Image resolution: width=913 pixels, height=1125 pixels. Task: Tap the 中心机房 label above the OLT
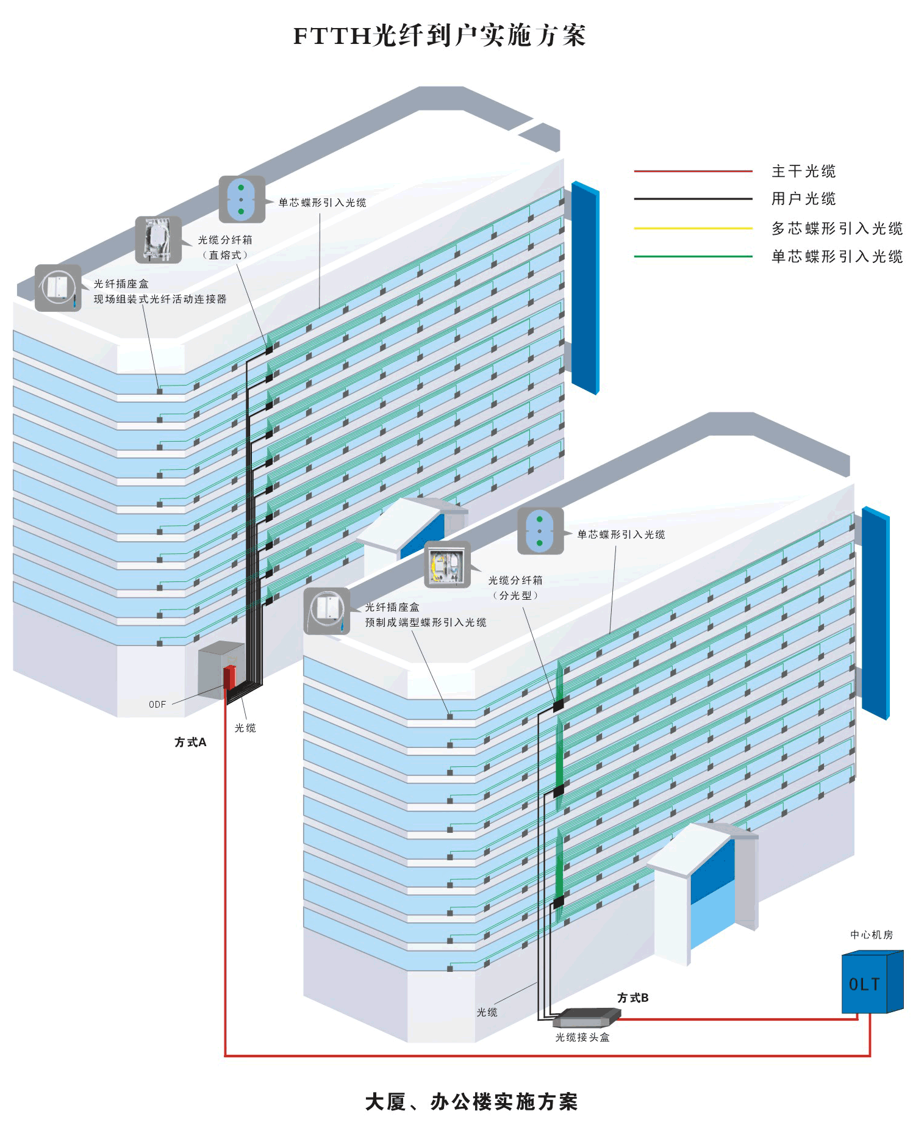tap(872, 935)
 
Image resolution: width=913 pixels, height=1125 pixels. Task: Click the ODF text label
tap(157, 705)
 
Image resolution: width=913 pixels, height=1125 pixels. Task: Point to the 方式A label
tap(190, 742)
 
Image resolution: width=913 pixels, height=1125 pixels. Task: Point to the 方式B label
tap(632, 998)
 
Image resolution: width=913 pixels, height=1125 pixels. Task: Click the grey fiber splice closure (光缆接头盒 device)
tap(586, 1017)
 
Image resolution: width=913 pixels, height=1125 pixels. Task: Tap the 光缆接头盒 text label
tap(582, 1037)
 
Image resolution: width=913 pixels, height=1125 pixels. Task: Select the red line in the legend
tap(693, 171)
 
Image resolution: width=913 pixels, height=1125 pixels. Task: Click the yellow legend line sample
tap(693, 228)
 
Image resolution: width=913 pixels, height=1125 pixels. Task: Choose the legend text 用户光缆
tap(803, 199)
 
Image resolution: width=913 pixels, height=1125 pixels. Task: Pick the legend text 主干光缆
tap(803, 171)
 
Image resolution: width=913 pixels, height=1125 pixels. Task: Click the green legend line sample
tap(693, 256)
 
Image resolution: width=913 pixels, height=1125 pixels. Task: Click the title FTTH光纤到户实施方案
tap(439, 35)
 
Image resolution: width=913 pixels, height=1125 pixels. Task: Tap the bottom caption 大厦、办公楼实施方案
tap(471, 1102)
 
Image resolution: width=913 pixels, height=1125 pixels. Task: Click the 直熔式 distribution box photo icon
tap(158, 240)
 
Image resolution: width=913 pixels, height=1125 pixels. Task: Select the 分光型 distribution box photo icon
tap(447, 564)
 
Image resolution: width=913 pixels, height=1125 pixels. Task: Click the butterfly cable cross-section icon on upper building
tap(242, 199)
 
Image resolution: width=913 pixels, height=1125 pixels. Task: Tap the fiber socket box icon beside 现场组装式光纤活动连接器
tap(58, 288)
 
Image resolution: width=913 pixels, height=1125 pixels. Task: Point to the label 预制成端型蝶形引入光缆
tap(425, 622)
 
